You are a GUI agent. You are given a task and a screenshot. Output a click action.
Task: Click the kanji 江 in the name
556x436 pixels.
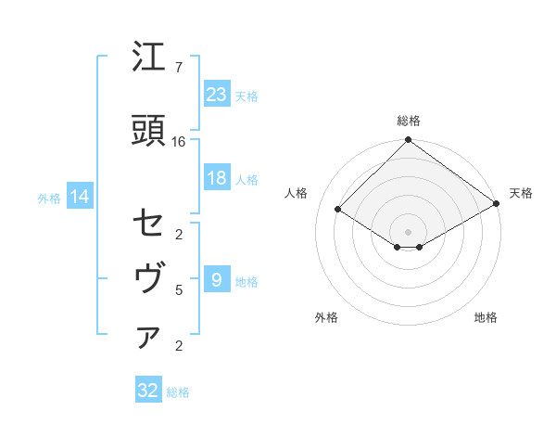(149, 58)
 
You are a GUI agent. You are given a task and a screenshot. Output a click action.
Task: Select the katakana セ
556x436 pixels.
(149, 224)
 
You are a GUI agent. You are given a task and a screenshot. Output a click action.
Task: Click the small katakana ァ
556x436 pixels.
(148, 339)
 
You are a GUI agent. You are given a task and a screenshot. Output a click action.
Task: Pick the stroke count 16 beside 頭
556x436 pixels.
(179, 141)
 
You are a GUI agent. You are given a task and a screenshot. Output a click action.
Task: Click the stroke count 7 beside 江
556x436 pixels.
(179, 68)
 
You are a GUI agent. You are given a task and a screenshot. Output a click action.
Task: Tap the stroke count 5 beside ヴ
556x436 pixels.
(179, 290)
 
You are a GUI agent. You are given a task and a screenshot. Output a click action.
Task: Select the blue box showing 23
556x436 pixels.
(216, 94)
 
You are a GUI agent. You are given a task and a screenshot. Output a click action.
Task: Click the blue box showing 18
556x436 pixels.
(216, 178)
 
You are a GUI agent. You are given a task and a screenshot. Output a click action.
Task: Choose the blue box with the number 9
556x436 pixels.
(216, 279)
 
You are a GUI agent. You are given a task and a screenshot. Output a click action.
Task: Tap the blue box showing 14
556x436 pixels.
(79, 197)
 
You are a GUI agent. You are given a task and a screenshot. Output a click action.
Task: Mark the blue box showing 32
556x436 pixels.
(148, 391)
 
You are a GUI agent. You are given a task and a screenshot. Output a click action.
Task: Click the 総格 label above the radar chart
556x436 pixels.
(409, 121)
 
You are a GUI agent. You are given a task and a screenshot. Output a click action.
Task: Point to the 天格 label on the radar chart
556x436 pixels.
(521, 193)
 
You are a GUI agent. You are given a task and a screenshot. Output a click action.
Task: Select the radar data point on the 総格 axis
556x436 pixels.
(408, 141)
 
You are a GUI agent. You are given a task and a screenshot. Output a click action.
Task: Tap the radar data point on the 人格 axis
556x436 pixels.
(338, 209)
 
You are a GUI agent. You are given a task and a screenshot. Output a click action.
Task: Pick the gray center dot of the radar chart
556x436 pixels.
(408, 231)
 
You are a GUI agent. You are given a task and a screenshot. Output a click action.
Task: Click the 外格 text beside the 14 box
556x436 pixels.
(49, 198)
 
